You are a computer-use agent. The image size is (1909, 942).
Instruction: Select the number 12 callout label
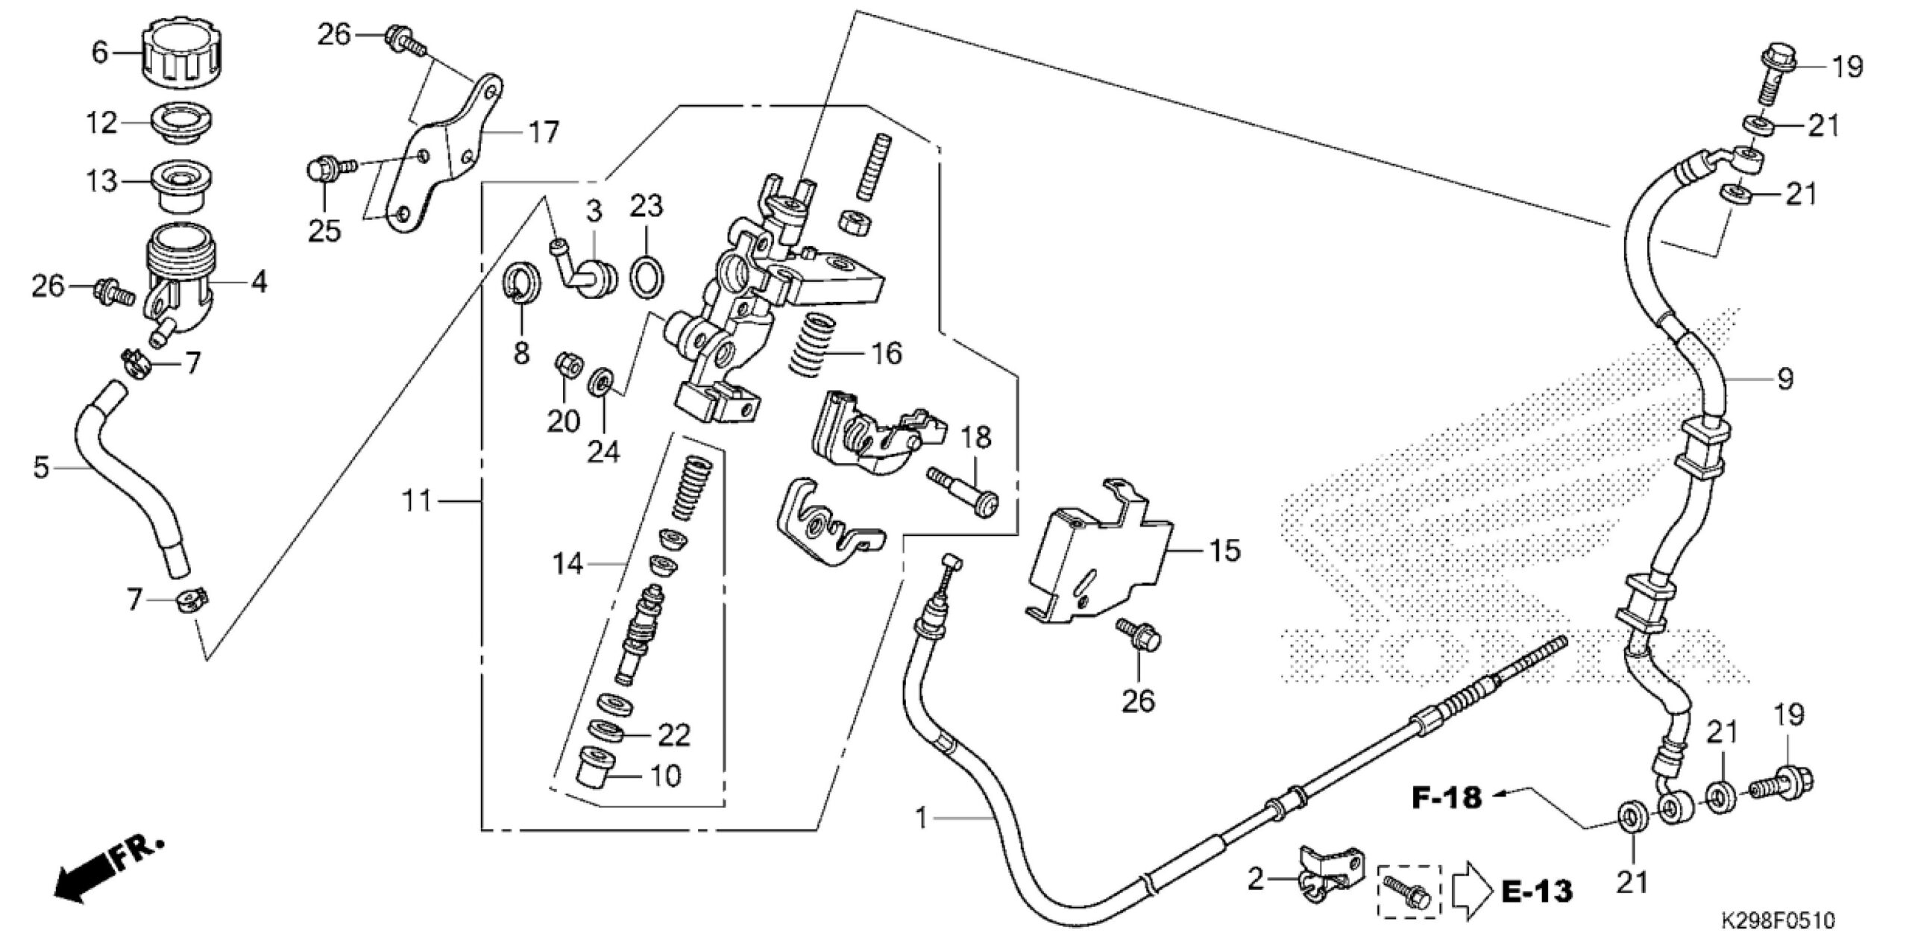click(101, 122)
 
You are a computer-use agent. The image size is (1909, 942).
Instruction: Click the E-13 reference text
click(1536, 891)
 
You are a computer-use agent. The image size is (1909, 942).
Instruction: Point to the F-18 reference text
click(1446, 798)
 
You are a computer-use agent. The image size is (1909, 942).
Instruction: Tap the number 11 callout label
click(417, 501)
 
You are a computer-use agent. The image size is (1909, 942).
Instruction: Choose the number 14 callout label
click(567, 564)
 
